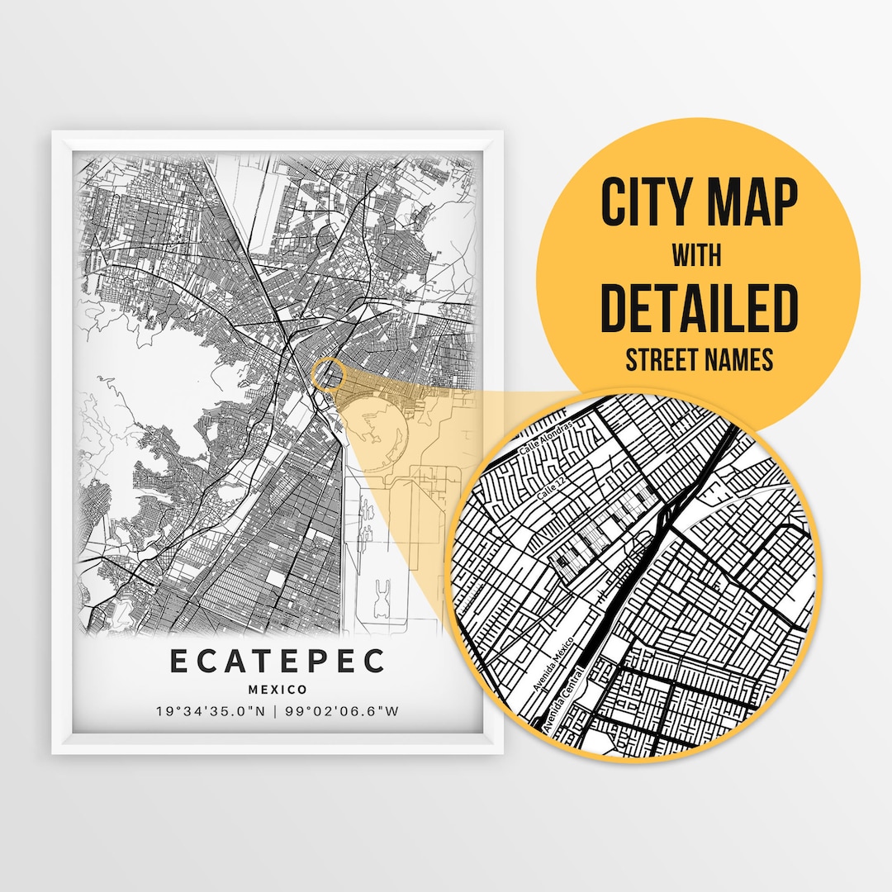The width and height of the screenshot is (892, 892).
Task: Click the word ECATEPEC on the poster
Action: [x=277, y=661]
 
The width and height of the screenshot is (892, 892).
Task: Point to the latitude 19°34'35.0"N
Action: [x=211, y=711]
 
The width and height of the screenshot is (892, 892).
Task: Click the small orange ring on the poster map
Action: [x=329, y=373]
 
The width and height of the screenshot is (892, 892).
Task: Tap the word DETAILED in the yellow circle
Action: [x=699, y=308]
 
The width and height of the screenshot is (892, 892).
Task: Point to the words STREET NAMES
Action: [x=699, y=359]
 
